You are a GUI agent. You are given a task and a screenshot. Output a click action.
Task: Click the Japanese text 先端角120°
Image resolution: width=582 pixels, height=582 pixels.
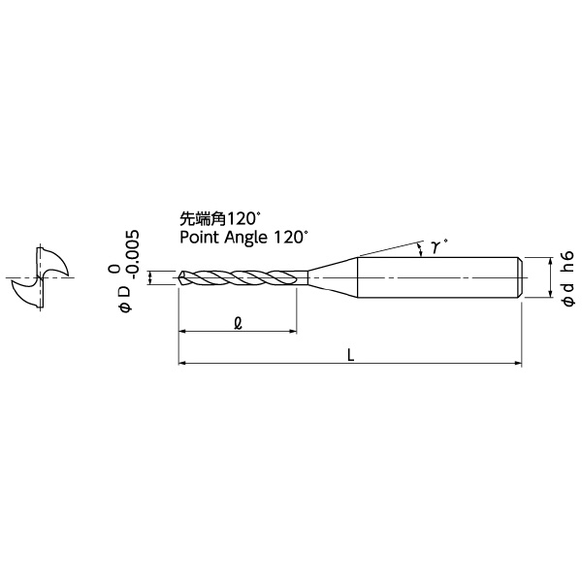pyautogui.click(x=218, y=218)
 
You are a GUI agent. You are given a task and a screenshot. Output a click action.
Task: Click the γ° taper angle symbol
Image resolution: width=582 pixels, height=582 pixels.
pyautogui.click(x=438, y=246)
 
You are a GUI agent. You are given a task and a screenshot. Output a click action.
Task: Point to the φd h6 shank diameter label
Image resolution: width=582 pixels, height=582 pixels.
pyautogui.click(x=568, y=278)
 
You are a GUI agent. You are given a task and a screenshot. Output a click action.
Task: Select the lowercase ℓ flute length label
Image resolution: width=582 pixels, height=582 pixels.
pyautogui.click(x=239, y=323)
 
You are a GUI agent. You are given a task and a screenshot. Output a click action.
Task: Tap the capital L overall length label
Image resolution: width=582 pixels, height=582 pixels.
pyautogui.click(x=351, y=356)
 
